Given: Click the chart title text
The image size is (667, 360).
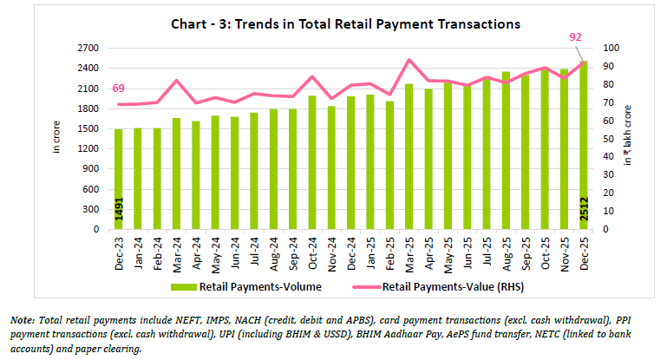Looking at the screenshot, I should pyautogui.click(x=333, y=24).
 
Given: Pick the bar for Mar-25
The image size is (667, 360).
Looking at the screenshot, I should pyautogui.click(x=409, y=156).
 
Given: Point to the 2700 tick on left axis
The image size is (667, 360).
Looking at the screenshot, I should pyautogui.click(x=87, y=48).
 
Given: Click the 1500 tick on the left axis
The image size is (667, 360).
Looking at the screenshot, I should pyautogui.click(x=87, y=129).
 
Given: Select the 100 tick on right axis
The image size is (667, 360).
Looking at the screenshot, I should pyautogui.click(x=611, y=48).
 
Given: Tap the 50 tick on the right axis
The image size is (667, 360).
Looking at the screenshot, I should pyautogui.click(x=610, y=139).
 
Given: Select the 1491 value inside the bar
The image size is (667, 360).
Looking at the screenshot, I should pyautogui.click(x=119, y=212).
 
